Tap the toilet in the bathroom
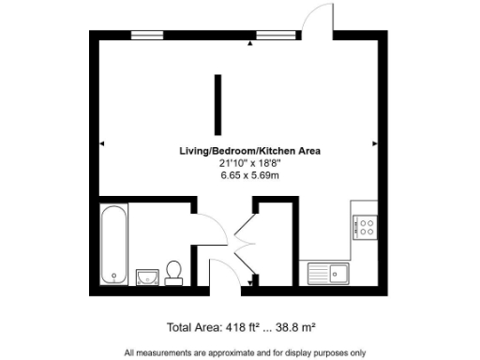(x=172, y=272)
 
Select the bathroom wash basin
(x=146, y=276)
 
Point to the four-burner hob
(x=364, y=227)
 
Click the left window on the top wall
(x=146, y=36)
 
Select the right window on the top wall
(x=273, y=36)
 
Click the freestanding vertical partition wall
(x=217, y=106)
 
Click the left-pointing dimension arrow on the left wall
(x=102, y=143)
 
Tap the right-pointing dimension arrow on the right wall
(x=374, y=143)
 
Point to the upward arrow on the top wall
(x=249, y=43)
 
